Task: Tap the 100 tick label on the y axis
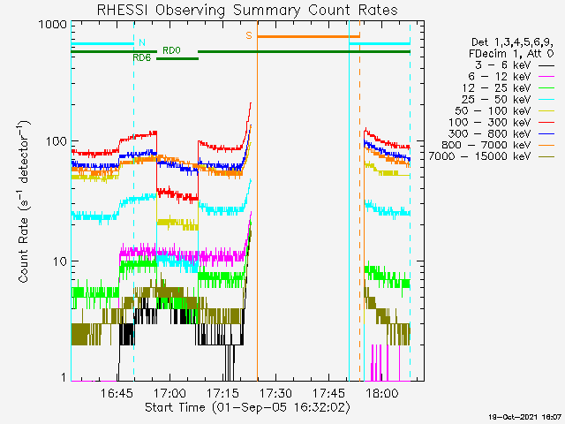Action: [55, 141]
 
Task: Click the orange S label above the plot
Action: [249, 35]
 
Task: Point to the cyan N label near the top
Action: [140, 42]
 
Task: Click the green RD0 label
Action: [171, 49]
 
